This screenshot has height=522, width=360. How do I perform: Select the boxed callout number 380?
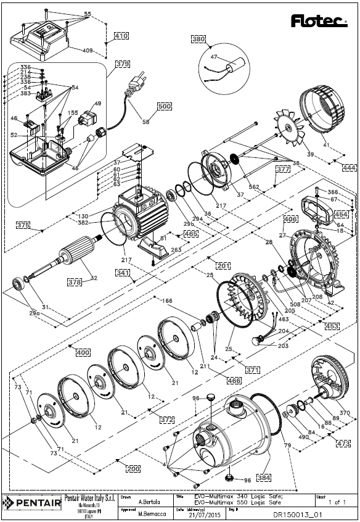click(198, 38)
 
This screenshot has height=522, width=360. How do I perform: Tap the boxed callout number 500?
click(164, 106)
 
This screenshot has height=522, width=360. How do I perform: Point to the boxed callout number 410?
click(121, 36)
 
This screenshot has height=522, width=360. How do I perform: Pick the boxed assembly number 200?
click(133, 468)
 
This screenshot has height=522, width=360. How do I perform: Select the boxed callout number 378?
click(75, 282)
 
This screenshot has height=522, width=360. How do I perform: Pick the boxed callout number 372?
click(166, 419)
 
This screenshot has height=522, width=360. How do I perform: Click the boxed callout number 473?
click(343, 444)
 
